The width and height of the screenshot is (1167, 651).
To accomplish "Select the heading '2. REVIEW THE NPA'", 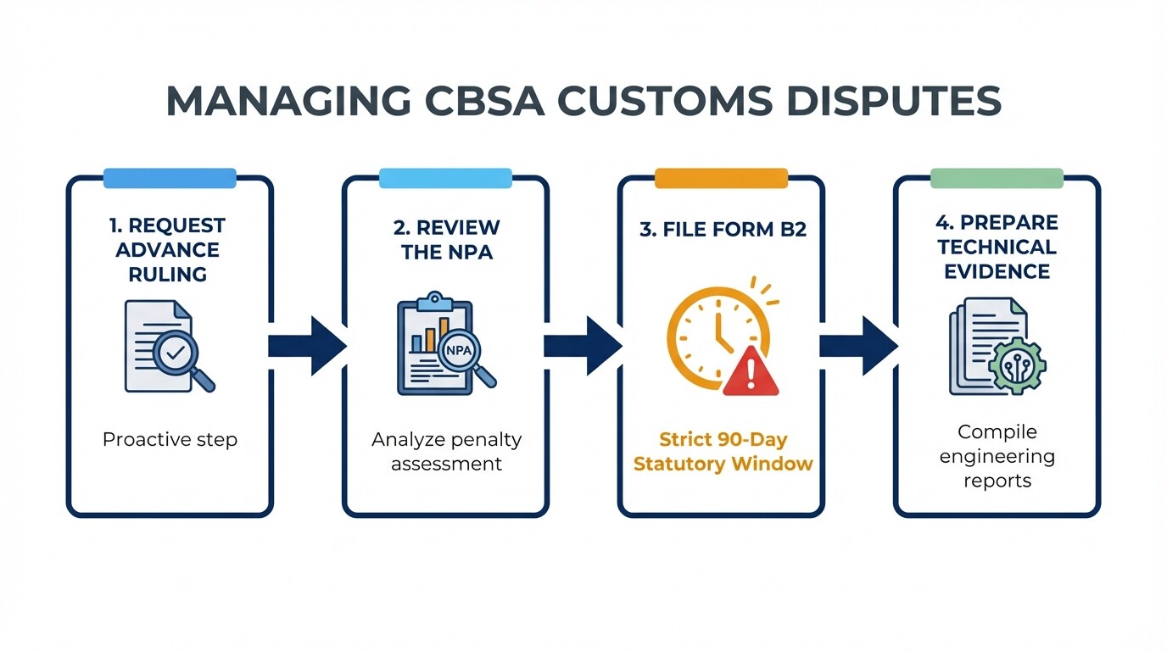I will click(x=445, y=239).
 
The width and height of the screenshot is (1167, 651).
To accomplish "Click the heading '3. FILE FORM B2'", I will click(x=721, y=231).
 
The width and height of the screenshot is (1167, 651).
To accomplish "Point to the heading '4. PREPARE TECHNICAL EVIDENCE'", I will click(x=997, y=247).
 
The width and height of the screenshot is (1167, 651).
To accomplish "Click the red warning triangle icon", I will click(x=750, y=374).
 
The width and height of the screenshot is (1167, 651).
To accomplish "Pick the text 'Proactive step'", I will click(x=170, y=439).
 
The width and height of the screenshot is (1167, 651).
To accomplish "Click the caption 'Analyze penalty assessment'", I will click(x=446, y=452).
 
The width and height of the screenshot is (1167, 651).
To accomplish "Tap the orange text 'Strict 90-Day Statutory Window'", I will click(x=723, y=452).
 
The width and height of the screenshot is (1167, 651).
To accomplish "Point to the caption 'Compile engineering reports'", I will click(x=997, y=456).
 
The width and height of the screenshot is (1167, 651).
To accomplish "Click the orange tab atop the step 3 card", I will click(x=721, y=178).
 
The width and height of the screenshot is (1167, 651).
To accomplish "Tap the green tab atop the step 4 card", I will click(x=997, y=178).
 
